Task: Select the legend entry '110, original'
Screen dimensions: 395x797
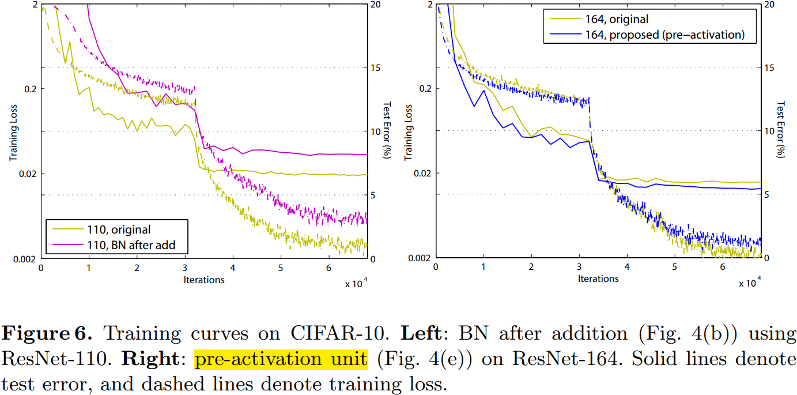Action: click(119, 230)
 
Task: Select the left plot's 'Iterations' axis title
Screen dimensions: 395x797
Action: click(205, 280)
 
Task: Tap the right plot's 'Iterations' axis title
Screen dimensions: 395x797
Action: click(598, 279)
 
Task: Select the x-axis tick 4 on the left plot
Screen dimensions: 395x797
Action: click(233, 269)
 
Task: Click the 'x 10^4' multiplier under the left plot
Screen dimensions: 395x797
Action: click(357, 284)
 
